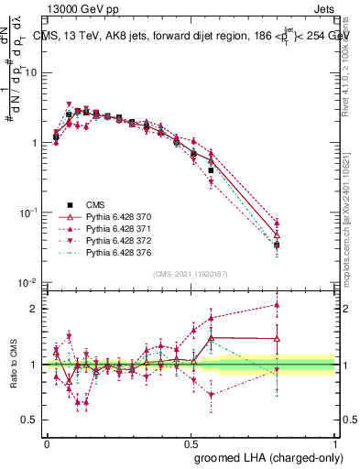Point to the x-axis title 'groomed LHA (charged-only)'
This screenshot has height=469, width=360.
pos(264,455)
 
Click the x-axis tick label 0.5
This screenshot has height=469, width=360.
pos(191,441)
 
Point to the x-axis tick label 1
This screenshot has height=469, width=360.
pos(334,441)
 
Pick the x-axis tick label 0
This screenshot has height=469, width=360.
pos(47,441)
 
